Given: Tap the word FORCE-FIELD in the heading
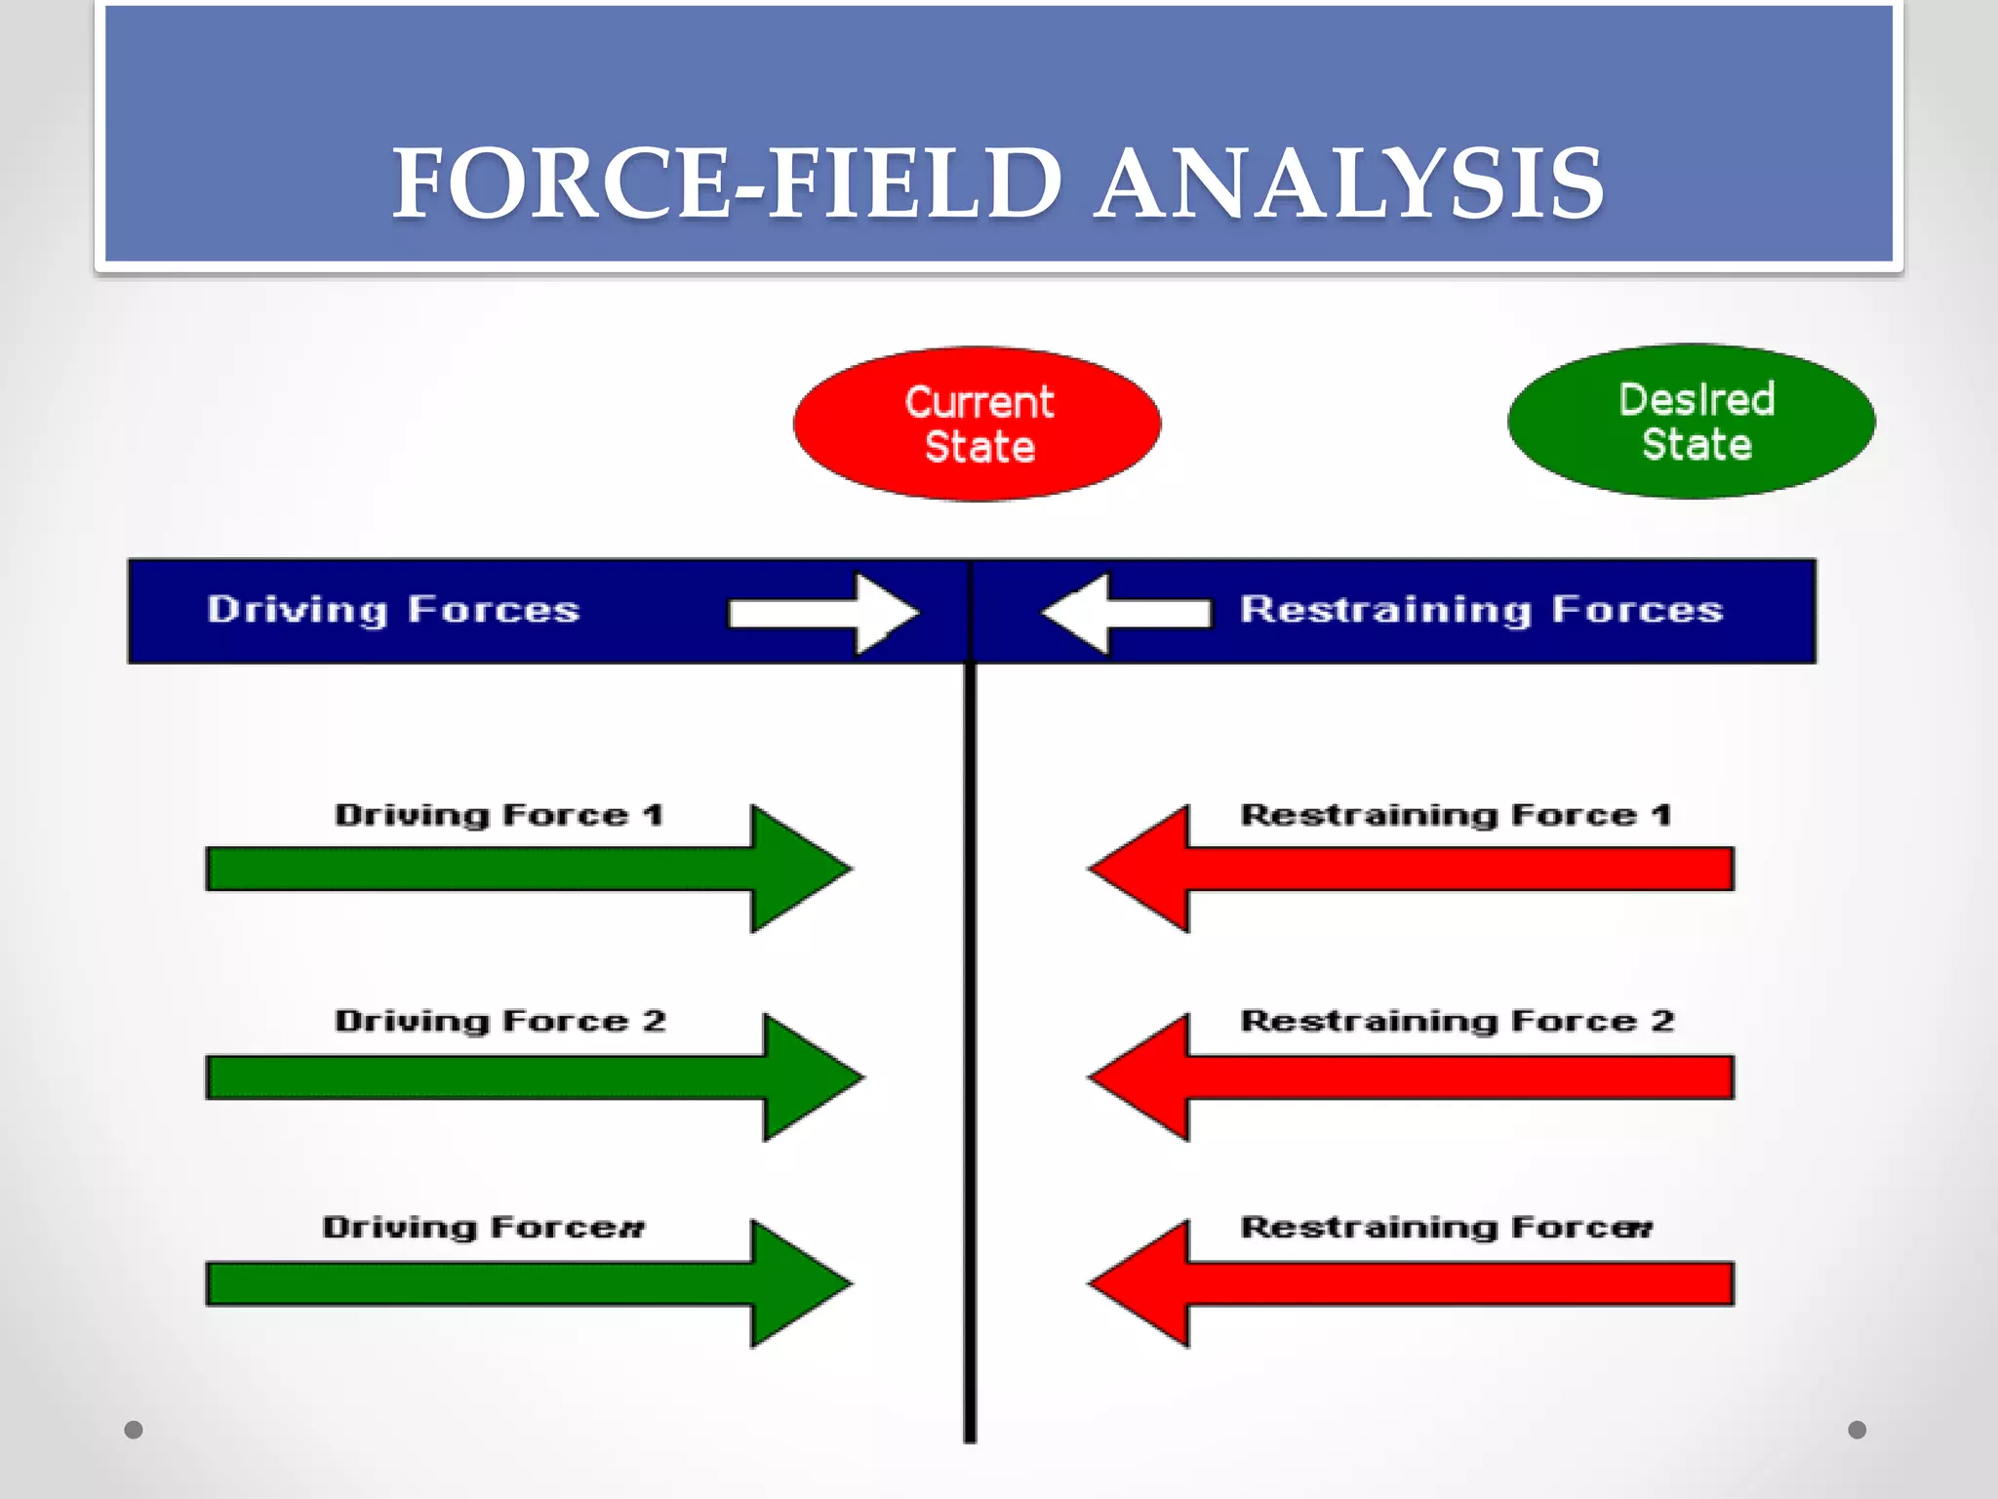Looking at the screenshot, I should pyautogui.click(x=727, y=183).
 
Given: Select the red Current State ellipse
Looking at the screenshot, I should pyautogui.click(x=978, y=424).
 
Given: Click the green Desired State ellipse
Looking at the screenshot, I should pyautogui.click(x=1691, y=422).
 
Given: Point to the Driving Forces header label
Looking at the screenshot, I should pyautogui.click(x=393, y=610).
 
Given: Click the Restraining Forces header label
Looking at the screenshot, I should pyautogui.click(x=1481, y=610).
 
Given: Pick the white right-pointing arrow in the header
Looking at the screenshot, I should pyautogui.click(x=824, y=613).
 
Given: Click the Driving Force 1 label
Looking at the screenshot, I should pyautogui.click(x=499, y=815).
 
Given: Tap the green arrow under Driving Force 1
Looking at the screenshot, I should pyautogui.click(x=527, y=869).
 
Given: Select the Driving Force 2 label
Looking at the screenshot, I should pyautogui.click(x=499, y=1021).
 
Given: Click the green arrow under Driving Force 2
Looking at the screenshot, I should pyautogui.click(x=532, y=1077).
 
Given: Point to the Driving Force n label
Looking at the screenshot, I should pyautogui.click(x=484, y=1227).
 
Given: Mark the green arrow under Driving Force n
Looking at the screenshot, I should pyautogui.click(x=527, y=1283).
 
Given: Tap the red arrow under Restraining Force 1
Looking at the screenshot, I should pyautogui.click(x=1415, y=869).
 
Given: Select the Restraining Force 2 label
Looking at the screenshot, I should pyautogui.click(x=1457, y=1021).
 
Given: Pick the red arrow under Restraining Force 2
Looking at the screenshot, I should pyautogui.click(x=1415, y=1077).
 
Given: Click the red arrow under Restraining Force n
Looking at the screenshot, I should pyautogui.click(x=1415, y=1283).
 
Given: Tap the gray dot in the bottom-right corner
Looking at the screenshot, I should pyautogui.click(x=1857, y=1430).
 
